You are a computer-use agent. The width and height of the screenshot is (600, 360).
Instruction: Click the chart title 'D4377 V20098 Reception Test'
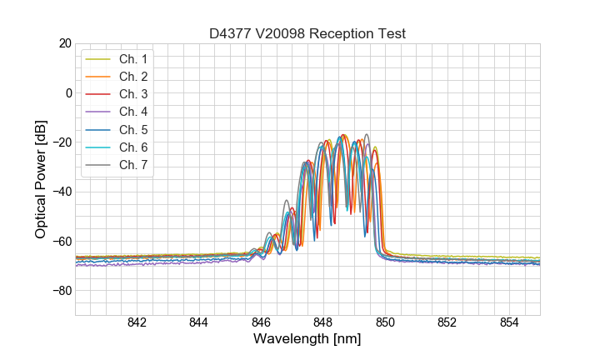tap(307, 33)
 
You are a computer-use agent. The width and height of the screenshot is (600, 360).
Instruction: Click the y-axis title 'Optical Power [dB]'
tap(41, 178)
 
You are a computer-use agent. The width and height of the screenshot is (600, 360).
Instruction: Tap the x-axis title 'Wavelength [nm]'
tap(307, 340)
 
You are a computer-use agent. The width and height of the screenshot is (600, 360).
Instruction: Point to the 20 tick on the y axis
tap(64, 43)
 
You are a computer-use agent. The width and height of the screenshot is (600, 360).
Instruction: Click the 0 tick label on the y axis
tap(67, 92)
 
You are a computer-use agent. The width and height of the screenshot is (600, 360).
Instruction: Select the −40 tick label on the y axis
tap(61, 192)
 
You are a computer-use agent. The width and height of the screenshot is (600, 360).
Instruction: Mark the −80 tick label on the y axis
tap(61, 291)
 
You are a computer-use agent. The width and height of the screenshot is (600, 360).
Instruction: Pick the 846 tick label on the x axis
tap(261, 322)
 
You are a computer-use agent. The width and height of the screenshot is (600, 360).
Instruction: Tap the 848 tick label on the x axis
tap(322, 322)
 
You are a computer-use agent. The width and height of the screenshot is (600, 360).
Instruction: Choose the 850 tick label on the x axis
tap(385, 322)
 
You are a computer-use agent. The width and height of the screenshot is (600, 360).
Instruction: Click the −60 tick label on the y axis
tap(61, 242)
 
